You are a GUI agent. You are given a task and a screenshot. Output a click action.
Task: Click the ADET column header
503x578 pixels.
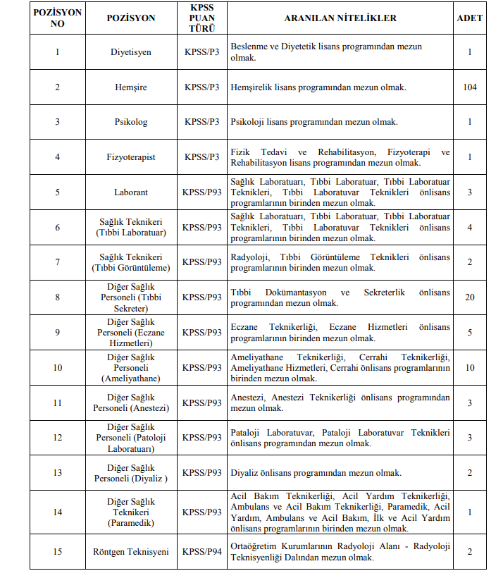[470, 18]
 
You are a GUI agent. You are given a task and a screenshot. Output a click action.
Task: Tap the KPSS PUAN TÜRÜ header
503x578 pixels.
[202, 18]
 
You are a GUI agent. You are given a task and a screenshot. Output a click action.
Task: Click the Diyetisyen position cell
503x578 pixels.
[131, 52]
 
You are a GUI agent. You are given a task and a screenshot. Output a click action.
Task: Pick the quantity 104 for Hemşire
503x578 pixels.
[470, 87]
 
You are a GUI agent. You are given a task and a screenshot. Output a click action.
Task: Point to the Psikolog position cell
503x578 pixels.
[131, 122]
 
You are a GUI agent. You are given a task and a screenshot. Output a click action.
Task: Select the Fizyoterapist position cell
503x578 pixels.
[131, 156]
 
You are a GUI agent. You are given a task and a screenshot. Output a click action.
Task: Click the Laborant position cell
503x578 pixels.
[131, 192]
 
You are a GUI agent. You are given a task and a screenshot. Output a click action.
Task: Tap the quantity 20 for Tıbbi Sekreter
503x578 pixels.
[470, 297]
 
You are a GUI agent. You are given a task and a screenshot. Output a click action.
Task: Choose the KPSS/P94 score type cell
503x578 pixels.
[202, 552]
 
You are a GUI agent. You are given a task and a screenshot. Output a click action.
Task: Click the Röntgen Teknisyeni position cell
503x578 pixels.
[131, 552]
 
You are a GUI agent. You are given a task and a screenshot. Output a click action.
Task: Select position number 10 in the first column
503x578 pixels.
[57, 367]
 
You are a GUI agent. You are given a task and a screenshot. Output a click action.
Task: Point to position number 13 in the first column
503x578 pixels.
[57, 472]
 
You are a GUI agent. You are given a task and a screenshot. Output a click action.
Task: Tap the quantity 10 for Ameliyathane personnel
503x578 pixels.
[470, 367]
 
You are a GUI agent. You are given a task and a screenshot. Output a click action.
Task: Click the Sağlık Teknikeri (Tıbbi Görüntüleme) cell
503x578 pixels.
[131, 262]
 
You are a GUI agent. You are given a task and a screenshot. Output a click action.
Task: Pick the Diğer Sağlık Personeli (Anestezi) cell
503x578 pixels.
[131, 402]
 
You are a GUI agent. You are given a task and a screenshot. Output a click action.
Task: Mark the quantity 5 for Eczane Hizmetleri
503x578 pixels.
[470, 332]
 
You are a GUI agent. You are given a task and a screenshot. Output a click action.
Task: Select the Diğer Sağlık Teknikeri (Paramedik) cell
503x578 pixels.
[131, 512]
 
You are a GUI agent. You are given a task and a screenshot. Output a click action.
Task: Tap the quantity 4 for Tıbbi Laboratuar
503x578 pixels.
[470, 227]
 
